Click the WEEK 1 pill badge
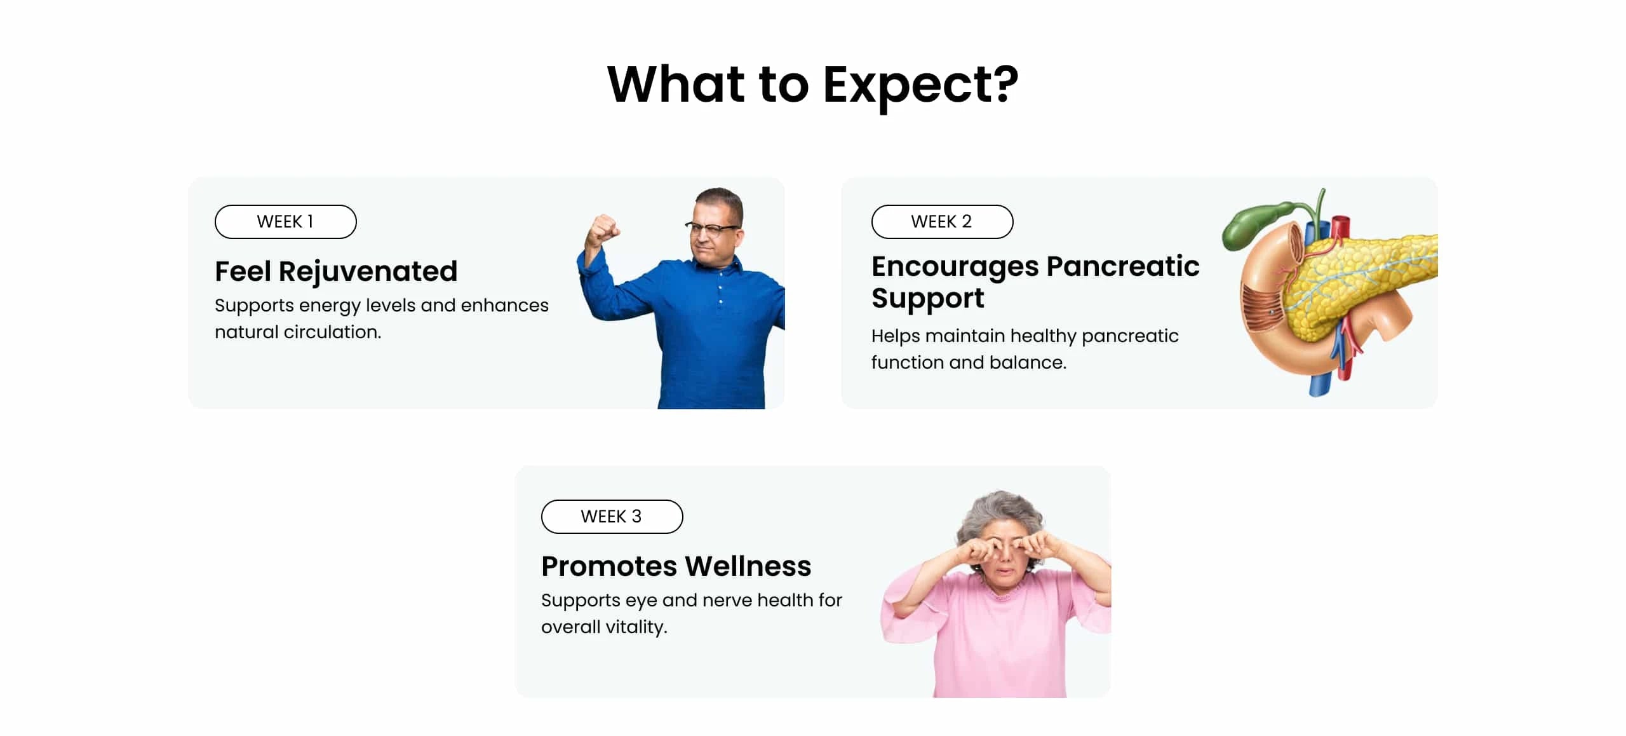pos(285,222)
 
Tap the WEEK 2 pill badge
pos(942,222)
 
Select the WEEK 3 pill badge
pos(612,517)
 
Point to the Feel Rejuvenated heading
pos(336,272)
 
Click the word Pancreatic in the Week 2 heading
pos(1123,266)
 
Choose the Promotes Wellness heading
pos(676,566)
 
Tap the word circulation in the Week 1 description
pos(332,332)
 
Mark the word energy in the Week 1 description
pos(330,307)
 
